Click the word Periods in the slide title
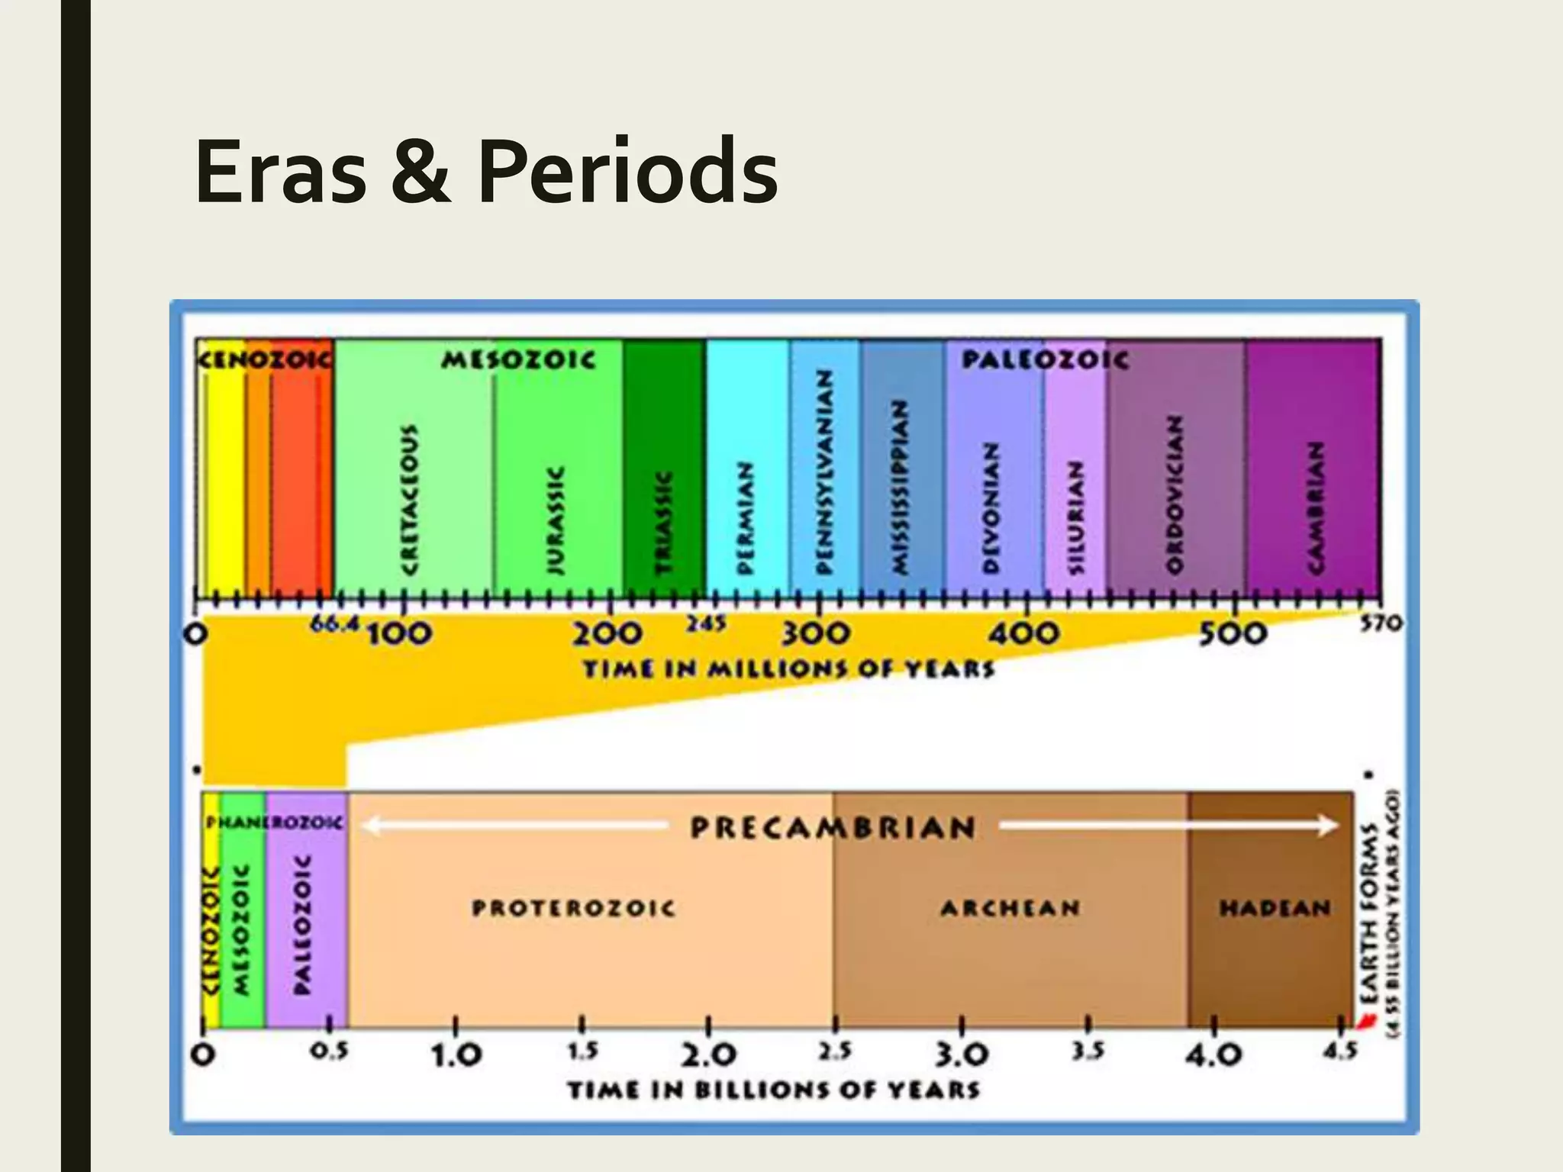pos(627,174)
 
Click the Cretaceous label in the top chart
pos(410,499)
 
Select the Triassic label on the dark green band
pos(665,522)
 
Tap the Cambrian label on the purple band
pos(1315,507)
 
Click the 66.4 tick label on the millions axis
pos(334,624)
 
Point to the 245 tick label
pos(706,624)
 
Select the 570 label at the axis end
pos(1381,624)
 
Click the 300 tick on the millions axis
pos(815,633)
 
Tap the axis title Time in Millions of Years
pos(789,670)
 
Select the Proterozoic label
pos(574,908)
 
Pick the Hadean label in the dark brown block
pos(1275,908)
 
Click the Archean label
pos(1010,908)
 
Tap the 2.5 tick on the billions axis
pos(835,1051)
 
